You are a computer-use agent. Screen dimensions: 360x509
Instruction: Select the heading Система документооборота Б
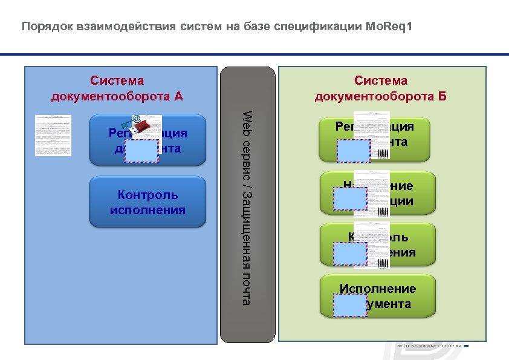point(381,88)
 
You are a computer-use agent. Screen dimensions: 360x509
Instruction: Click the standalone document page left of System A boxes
point(52,134)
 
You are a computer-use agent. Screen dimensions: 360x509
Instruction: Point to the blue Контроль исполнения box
point(148,202)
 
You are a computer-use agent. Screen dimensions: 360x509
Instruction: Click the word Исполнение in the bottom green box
point(378,289)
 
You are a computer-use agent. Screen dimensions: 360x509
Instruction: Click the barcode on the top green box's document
point(383,154)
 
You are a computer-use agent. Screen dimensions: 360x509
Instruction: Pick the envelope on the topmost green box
point(354,150)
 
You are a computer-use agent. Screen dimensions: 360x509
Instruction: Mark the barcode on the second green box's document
point(383,214)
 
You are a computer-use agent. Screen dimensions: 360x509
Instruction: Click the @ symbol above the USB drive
point(137,119)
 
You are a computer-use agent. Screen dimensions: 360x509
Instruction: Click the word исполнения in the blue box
point(148,211)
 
